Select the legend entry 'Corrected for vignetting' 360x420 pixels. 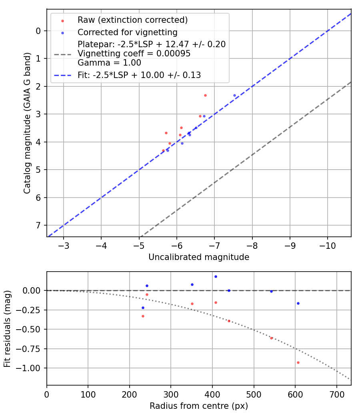[128, 32]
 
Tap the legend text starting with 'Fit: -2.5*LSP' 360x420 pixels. [139, 75]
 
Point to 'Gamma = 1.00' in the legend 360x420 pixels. [109, 63]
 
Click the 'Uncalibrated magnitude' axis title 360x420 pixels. [199, 257]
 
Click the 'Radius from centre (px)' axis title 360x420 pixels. [199, 406]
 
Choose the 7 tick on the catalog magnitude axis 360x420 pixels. [38, 225]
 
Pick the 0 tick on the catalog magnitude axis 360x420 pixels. [38, 31]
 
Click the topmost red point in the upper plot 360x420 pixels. [205, 95]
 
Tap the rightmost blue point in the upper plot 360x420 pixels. [234, 95]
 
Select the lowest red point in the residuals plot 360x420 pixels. [298, 362]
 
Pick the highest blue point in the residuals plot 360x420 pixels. [216, 276]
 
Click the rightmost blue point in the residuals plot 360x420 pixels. [298, 303]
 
